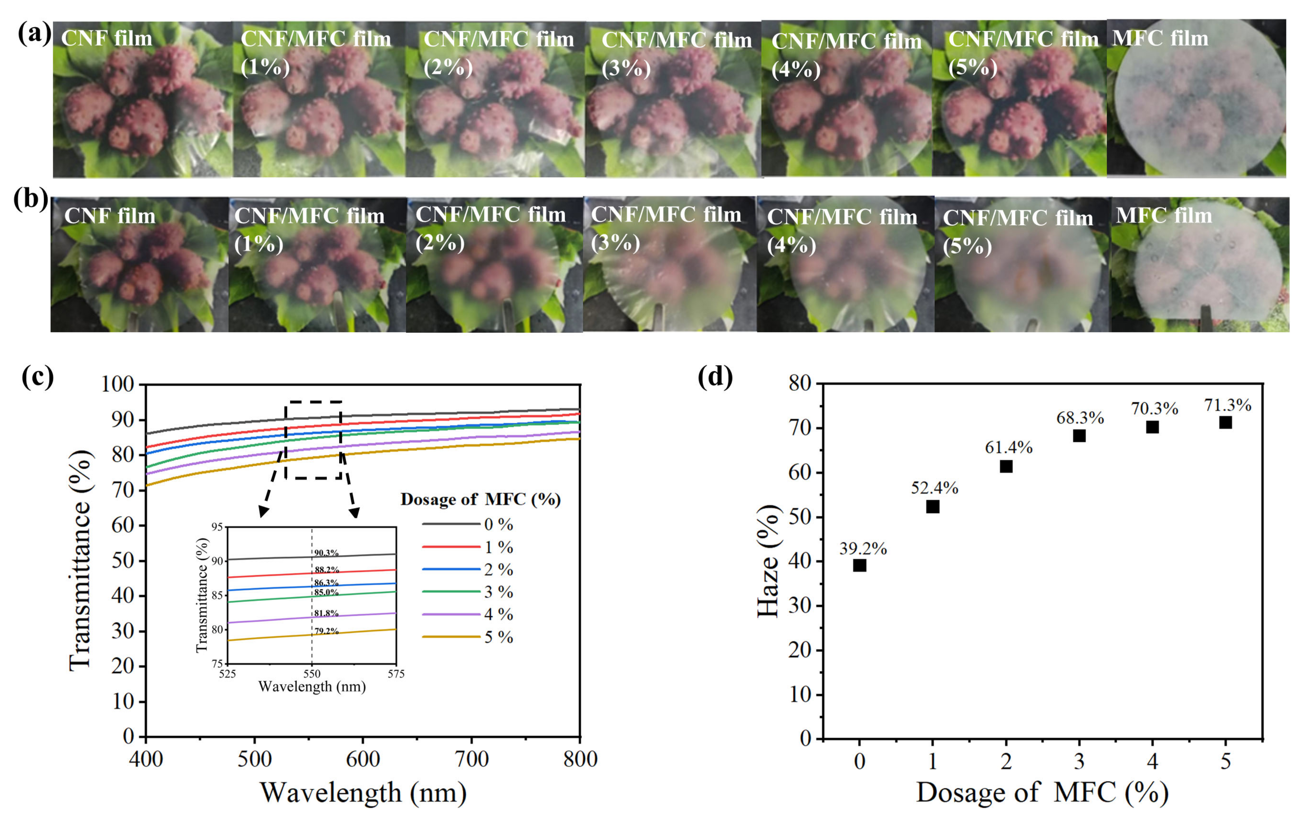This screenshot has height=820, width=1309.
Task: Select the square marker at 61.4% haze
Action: (1006, 466)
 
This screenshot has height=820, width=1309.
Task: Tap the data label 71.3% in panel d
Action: (1228, 405)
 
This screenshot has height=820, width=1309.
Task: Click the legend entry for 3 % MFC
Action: (498, 592)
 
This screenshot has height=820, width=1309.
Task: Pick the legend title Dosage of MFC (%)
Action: (480, 499)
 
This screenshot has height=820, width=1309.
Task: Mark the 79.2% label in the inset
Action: (326, 631)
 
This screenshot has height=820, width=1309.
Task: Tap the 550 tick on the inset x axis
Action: (312, 674)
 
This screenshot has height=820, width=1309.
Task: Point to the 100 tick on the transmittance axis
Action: (117, 384)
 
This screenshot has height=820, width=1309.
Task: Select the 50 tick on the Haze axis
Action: (800, 517)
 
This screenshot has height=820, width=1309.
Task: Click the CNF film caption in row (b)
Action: (110, 216)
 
